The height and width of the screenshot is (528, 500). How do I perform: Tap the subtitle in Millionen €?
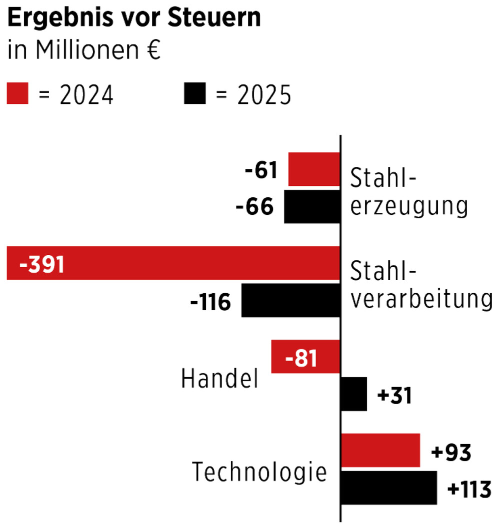84,51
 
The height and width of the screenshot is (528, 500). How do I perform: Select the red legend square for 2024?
17,94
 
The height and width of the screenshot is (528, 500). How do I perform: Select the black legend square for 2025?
194,94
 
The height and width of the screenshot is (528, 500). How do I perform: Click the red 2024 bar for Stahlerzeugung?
314,169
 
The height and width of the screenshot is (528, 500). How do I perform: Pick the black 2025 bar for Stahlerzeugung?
312,207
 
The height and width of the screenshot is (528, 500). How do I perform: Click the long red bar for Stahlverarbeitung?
200,263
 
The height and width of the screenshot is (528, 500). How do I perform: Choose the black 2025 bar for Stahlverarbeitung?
290,301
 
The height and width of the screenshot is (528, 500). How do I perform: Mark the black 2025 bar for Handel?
353,395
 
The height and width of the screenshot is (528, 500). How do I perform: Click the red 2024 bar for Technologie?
380,451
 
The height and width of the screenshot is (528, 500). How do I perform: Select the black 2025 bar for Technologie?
388,488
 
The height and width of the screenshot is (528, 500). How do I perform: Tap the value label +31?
395,396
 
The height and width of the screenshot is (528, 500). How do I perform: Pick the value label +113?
469,490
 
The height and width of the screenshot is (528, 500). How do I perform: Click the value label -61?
260,171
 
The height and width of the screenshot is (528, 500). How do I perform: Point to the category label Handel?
220,379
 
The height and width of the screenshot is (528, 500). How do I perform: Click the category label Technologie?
259,472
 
